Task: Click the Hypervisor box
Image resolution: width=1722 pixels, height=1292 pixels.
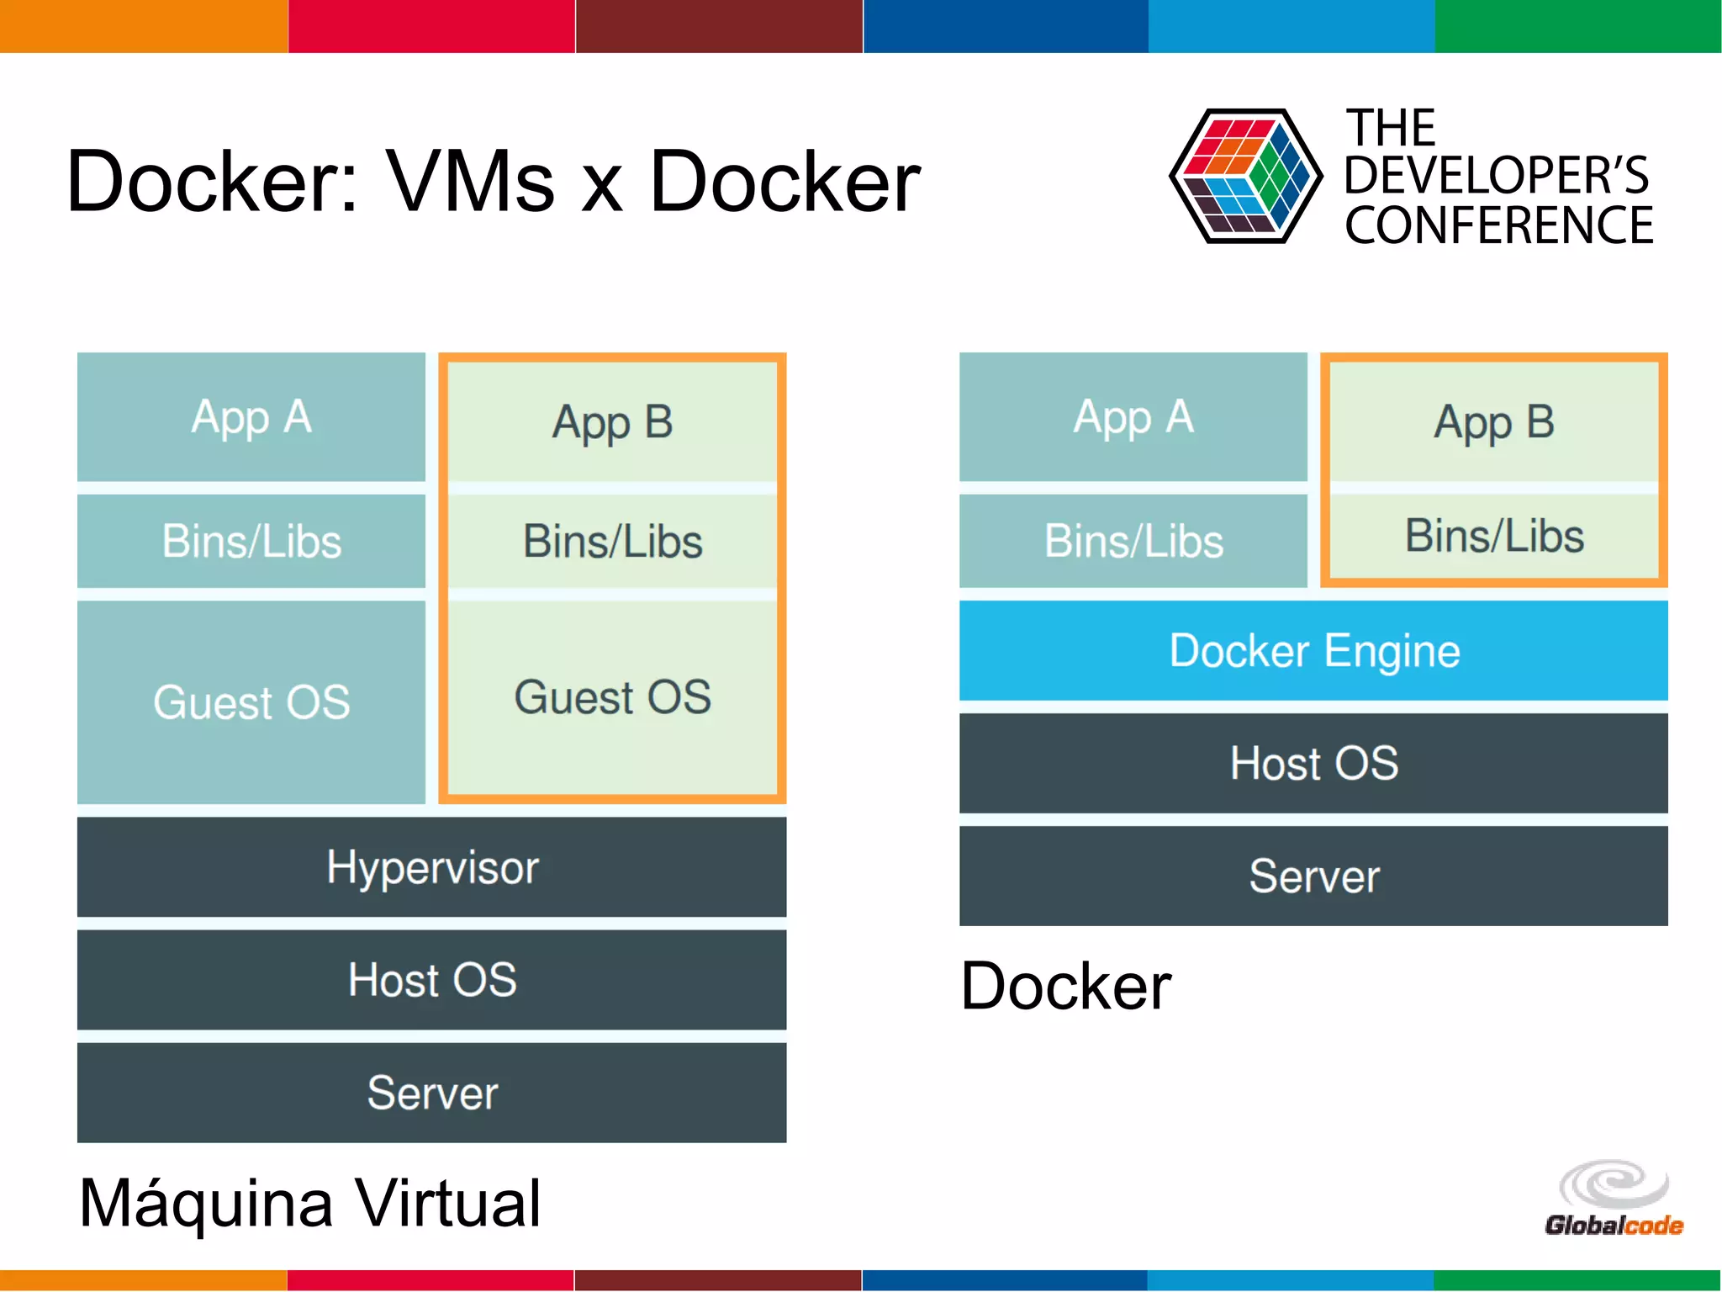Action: (431, 867)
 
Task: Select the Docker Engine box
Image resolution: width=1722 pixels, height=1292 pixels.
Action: (1313, 650)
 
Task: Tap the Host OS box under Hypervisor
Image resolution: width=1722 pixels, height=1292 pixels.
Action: (431, 980)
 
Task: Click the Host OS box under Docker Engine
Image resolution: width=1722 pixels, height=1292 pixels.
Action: (1313, 763)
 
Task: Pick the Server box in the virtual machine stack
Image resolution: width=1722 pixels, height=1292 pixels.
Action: (431, 1093)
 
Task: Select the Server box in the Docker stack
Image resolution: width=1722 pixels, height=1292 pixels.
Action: (1313, 876)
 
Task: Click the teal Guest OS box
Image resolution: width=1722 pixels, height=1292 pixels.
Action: (251, 702)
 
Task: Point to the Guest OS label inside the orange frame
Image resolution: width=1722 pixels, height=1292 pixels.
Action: (612, 697)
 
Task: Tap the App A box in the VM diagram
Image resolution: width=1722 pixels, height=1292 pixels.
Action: (251, 417)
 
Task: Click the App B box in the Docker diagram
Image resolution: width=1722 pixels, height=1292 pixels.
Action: (1494, 422)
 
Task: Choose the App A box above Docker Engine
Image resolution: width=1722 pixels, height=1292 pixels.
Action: (1133, 417)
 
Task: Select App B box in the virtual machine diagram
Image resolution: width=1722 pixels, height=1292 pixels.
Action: (612, 422)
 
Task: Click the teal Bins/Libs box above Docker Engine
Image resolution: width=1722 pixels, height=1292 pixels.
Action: (1133, 541)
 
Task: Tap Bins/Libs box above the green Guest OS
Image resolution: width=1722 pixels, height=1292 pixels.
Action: (612, 541)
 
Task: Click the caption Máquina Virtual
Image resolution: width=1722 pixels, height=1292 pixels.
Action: (309, 1204)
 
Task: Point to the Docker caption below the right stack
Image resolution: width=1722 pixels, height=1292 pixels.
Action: (1065, 986)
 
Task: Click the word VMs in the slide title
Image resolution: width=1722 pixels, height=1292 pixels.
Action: (470, 182)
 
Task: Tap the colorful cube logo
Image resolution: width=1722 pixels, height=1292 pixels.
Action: (1245, 176)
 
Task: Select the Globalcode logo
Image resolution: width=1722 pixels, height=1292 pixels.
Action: (1614, 1199)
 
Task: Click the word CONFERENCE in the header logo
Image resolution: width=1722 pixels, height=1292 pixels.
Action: (1498, 225)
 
